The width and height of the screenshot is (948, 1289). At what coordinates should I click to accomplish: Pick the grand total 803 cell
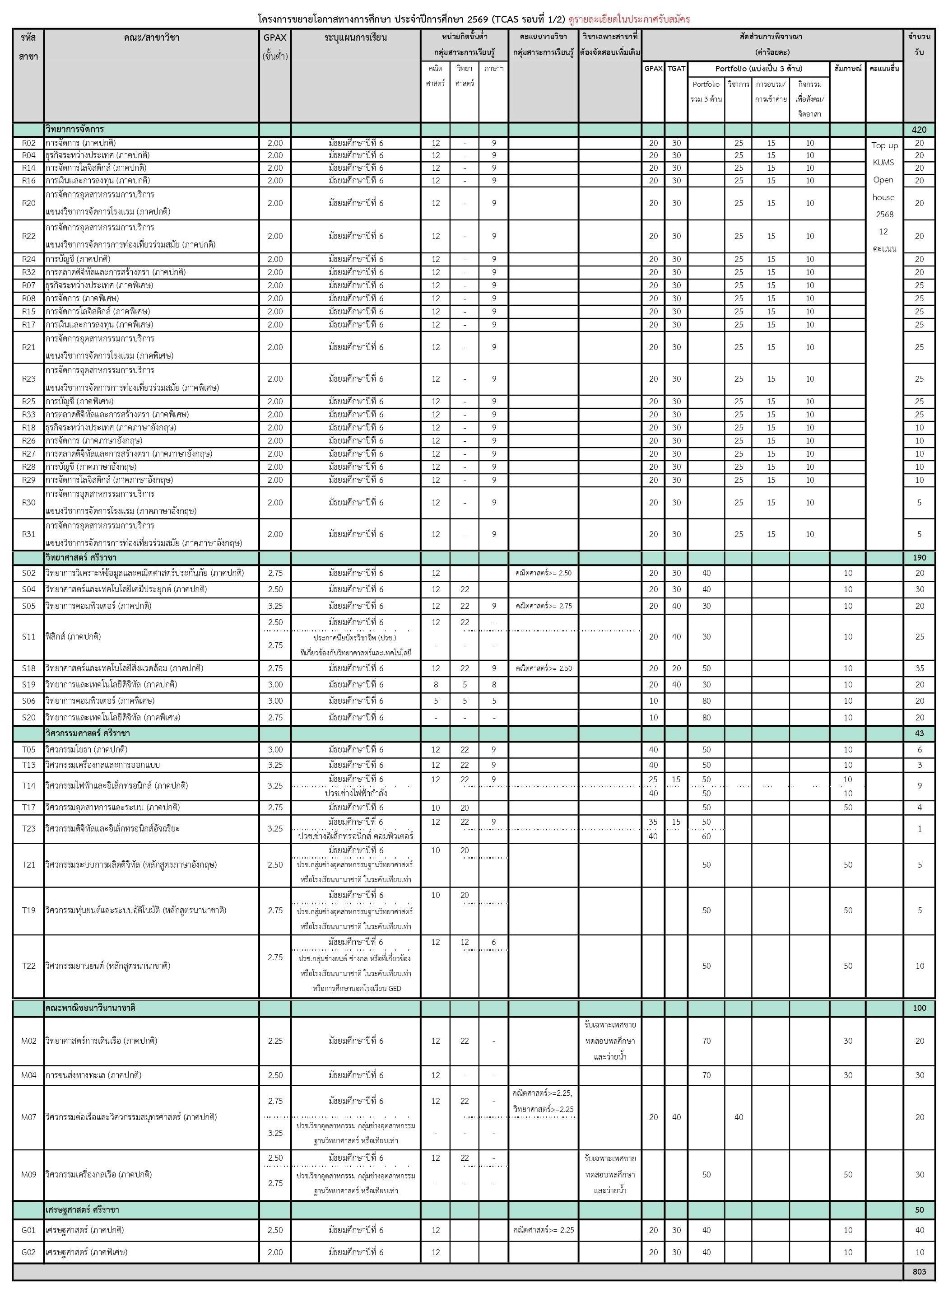tap(919, 1272)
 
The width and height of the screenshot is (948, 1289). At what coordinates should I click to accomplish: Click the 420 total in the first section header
tap(919, 130)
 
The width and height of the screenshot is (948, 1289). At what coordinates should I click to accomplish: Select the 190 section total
tap(919, 557)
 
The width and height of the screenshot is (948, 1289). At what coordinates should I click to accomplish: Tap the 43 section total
tap(919, 733)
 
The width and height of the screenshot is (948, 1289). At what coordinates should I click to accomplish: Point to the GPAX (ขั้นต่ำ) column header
tap(275, 46)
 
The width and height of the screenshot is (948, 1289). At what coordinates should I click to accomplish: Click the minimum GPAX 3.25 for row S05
tap(275, 606)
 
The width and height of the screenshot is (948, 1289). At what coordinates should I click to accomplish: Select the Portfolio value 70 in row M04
tap(706, 1075)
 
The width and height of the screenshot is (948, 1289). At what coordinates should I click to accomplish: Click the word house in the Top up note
tap(884, 197)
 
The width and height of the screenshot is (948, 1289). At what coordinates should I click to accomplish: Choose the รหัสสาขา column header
tap(28, 46)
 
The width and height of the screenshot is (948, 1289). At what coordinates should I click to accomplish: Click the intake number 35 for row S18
tap(919, 668)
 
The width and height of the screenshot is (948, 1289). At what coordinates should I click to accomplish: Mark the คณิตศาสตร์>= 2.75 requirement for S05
tap(543, 606)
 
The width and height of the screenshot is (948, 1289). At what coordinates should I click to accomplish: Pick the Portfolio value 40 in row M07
tap(739, 1117)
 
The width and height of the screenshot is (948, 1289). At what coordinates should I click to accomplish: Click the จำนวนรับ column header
tap(919, 44)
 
